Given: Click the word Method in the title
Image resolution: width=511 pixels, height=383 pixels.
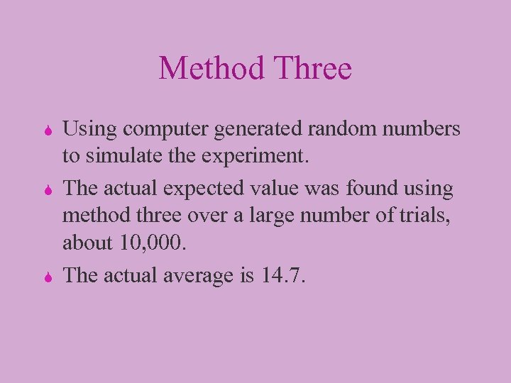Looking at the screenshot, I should tap(206, 69).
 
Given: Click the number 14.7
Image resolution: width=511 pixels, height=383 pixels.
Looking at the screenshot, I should tap(283, 274).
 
